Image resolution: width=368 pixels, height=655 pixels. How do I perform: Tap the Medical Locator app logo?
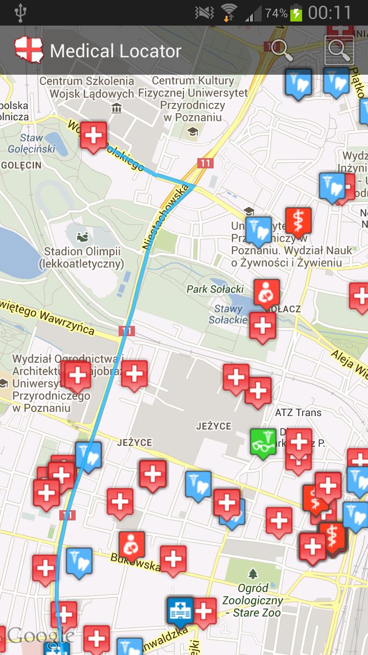coord(29,50)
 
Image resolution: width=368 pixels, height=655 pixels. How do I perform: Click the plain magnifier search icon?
coord(281,50)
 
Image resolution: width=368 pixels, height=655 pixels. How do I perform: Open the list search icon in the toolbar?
coord(339,50)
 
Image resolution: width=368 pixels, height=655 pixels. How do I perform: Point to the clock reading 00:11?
coord(330,13)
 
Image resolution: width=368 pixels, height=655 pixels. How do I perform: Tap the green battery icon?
coord(296,13)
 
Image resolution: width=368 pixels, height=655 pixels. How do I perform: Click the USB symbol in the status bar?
coord(20,13)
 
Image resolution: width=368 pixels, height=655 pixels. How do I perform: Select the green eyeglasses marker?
coord(263,443)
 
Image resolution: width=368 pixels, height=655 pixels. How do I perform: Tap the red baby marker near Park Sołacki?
coord(267,294)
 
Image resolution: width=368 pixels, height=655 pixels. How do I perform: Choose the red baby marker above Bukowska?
coord(132,545)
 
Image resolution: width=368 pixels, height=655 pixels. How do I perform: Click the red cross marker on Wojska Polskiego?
coord(93,136)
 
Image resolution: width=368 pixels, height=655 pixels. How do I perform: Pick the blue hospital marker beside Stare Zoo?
coord(180,611)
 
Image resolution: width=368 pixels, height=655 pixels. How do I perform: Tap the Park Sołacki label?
coord(215,289)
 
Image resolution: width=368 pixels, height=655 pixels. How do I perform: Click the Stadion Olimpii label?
coord(82,257)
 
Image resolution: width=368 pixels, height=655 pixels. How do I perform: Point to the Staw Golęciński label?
coord(31,143)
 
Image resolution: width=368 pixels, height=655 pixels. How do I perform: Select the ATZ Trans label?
coord(298,412)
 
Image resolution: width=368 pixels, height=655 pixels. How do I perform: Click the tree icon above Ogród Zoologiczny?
coord(252,573)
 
